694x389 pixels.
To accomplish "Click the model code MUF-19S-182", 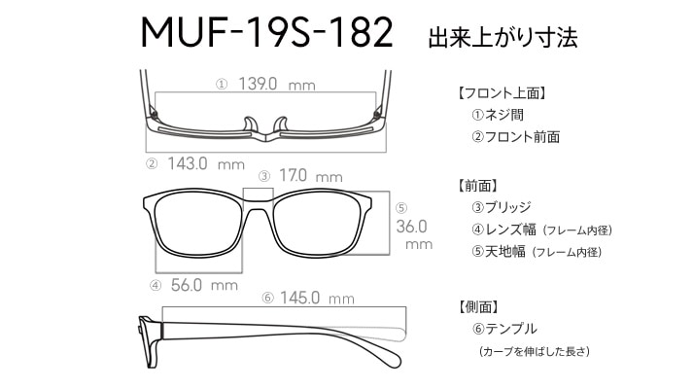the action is (266, 32).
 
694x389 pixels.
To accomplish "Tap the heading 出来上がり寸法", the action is (503, 37).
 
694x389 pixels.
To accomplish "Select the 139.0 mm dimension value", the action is (277, 84).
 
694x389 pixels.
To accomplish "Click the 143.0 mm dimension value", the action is (206, 164).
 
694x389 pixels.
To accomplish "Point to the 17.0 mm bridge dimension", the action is (311, 176).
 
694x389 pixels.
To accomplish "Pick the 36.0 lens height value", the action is (411, 227).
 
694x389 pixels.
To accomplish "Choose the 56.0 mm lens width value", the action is (204, 285).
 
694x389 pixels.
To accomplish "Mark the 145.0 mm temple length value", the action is (317, 298).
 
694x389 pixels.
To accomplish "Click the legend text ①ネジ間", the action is (498, 115).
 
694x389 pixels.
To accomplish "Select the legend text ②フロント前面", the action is (515, 137).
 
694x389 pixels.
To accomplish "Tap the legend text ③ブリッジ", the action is (502, 207).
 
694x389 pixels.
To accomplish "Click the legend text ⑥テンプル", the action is (504, 329).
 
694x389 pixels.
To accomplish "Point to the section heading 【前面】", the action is (477, 186).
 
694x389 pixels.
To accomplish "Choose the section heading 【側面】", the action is (478, 306).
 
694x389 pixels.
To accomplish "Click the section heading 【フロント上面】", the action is (502, 93).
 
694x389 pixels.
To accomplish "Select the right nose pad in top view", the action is (281, 124).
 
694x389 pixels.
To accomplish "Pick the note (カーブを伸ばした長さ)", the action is (535, 352).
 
